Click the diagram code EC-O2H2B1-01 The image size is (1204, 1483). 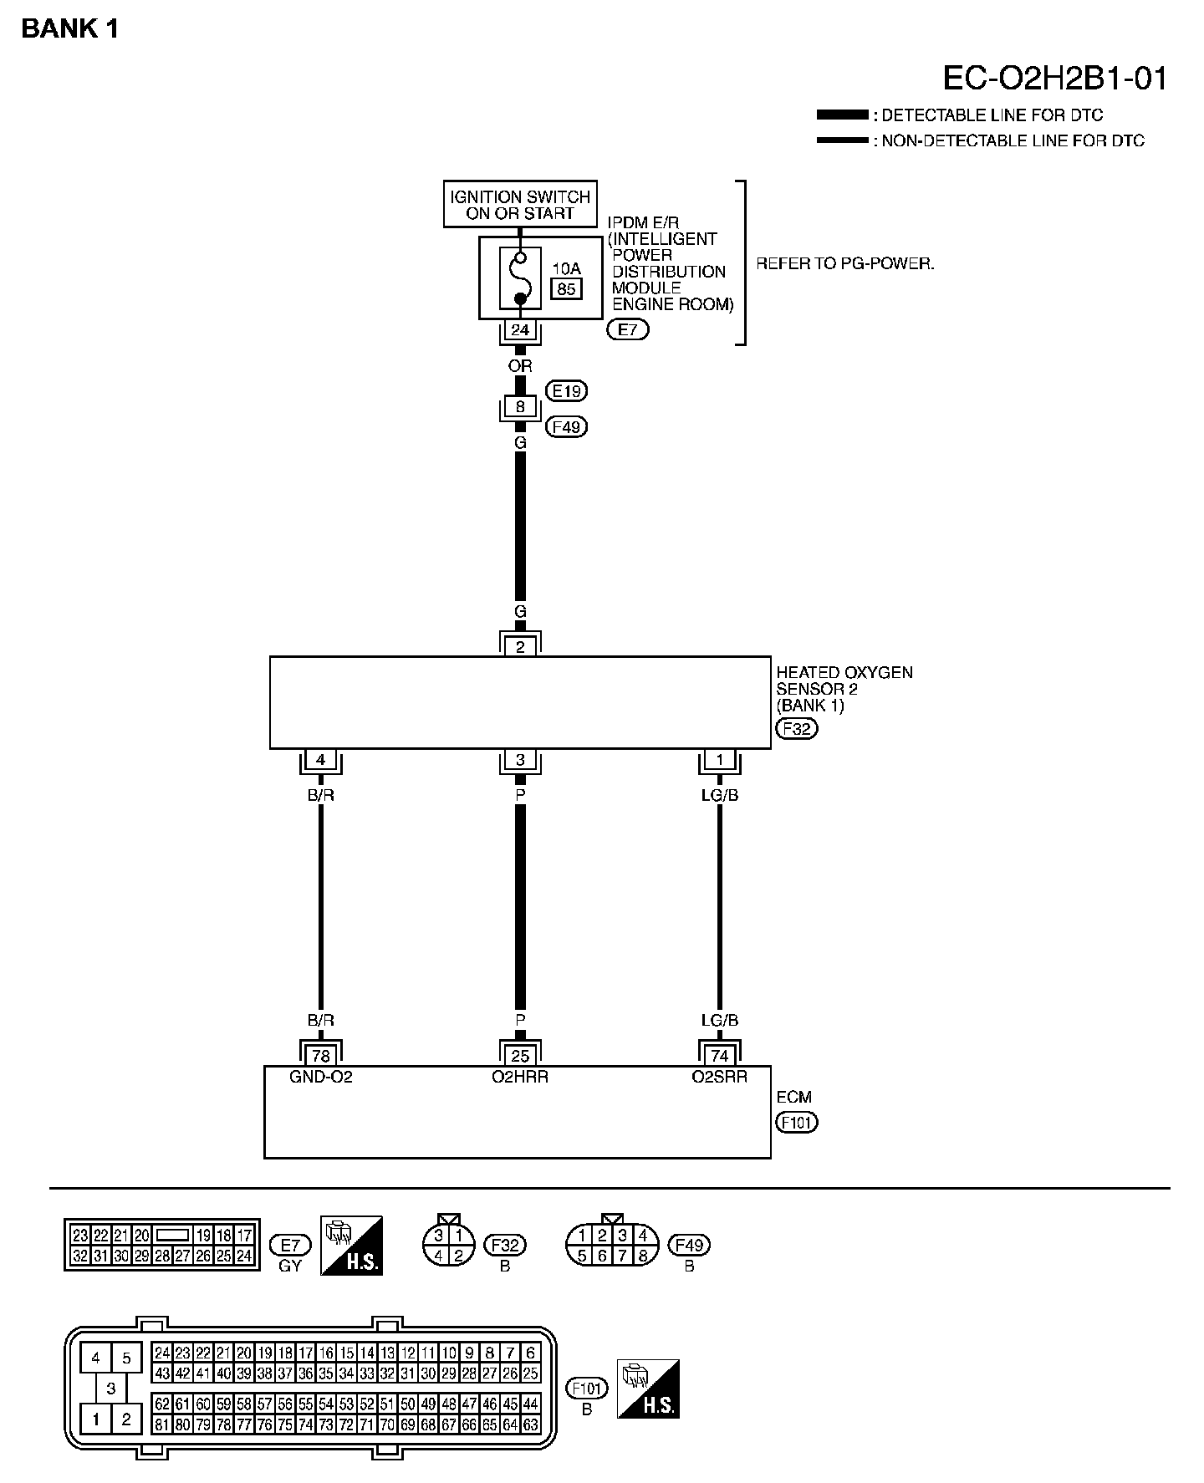pyautogui.click(x=1054, y=79)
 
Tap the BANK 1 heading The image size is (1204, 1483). pyautogui.click(x=70, y=29)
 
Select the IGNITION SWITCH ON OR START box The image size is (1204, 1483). pyautogui.click(x=520, y=205)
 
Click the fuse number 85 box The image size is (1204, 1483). pyautogui.click(x=566, y=289)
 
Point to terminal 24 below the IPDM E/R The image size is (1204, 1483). pyautogui.click(x=520, y=330)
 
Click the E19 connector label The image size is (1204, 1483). pyautogui.click(x=567, y=390)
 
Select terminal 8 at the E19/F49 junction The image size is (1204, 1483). pyautogui.click(x=520, y=407)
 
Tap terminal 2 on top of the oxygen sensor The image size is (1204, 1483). pyautogui.click(x=520, y=646)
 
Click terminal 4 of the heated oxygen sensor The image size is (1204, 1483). pyautogui.click(x=321, y=761)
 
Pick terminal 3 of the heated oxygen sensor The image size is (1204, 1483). pyautogui.click(x=520, y=761)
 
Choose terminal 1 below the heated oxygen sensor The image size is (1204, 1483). pyautogui.click(x=719, y=761)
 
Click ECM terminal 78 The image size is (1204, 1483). pyautogui.click(x=321, y=1056)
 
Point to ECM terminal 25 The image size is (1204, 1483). pyautogui.click(x=520, y=1056)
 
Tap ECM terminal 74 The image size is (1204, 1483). pyautogui.click(x=719, y=1056)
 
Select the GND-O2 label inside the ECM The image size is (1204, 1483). pyautogui.click(x=321, y=1077)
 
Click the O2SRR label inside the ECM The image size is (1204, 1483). pyautogui.click(x=719, y=1077)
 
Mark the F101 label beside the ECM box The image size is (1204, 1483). pyautogui.click(x=796, y=1122)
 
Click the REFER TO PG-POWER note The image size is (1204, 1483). pyautogui.click(x=845, y=263)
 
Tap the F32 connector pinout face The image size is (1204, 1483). pyautogui.click(x=449, y=1245)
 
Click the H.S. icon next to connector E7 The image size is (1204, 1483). pyautogui.click(x=352, y=1245)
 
